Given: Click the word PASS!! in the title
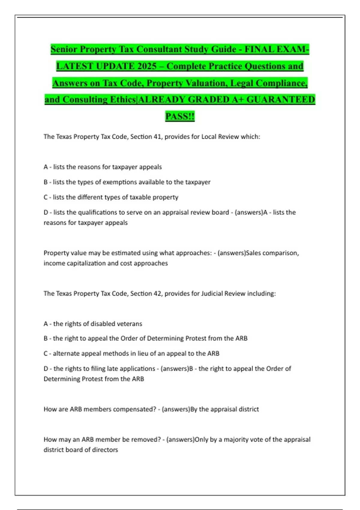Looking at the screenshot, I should point(180,116).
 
